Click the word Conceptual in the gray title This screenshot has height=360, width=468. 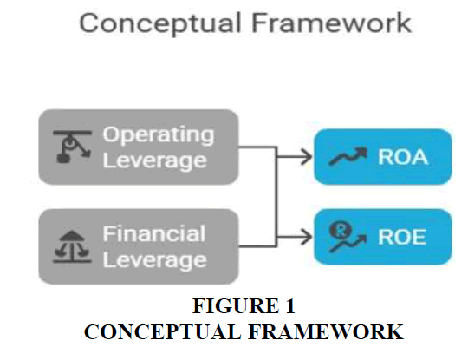[160, 24]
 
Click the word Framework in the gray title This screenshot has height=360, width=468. [332, 23]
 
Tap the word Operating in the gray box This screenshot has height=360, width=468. [159, 135]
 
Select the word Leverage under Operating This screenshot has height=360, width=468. [154, 161]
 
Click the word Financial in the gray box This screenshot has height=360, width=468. [154, 233]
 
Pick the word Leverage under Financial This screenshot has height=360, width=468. [154, 260]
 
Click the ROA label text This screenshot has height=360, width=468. [403, 157]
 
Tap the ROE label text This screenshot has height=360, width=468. [402, 237]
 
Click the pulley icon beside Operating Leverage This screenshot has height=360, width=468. [73, 147]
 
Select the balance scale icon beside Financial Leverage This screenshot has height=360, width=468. [72, 246]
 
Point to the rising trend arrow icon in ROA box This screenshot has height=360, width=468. [348, 156]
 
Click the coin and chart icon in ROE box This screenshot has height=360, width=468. [348, 237]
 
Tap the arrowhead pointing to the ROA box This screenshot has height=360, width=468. [308, 157]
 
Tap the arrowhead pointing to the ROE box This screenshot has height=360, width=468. [308, 237]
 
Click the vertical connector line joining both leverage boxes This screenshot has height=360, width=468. [276, 197]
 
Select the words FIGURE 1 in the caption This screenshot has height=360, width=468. [244, 306]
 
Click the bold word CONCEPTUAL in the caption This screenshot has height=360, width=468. [162, 332]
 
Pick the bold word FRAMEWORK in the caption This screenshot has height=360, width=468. [326, 332]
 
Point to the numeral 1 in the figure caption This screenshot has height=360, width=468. [290, 306]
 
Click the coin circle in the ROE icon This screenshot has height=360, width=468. [341, 230]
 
